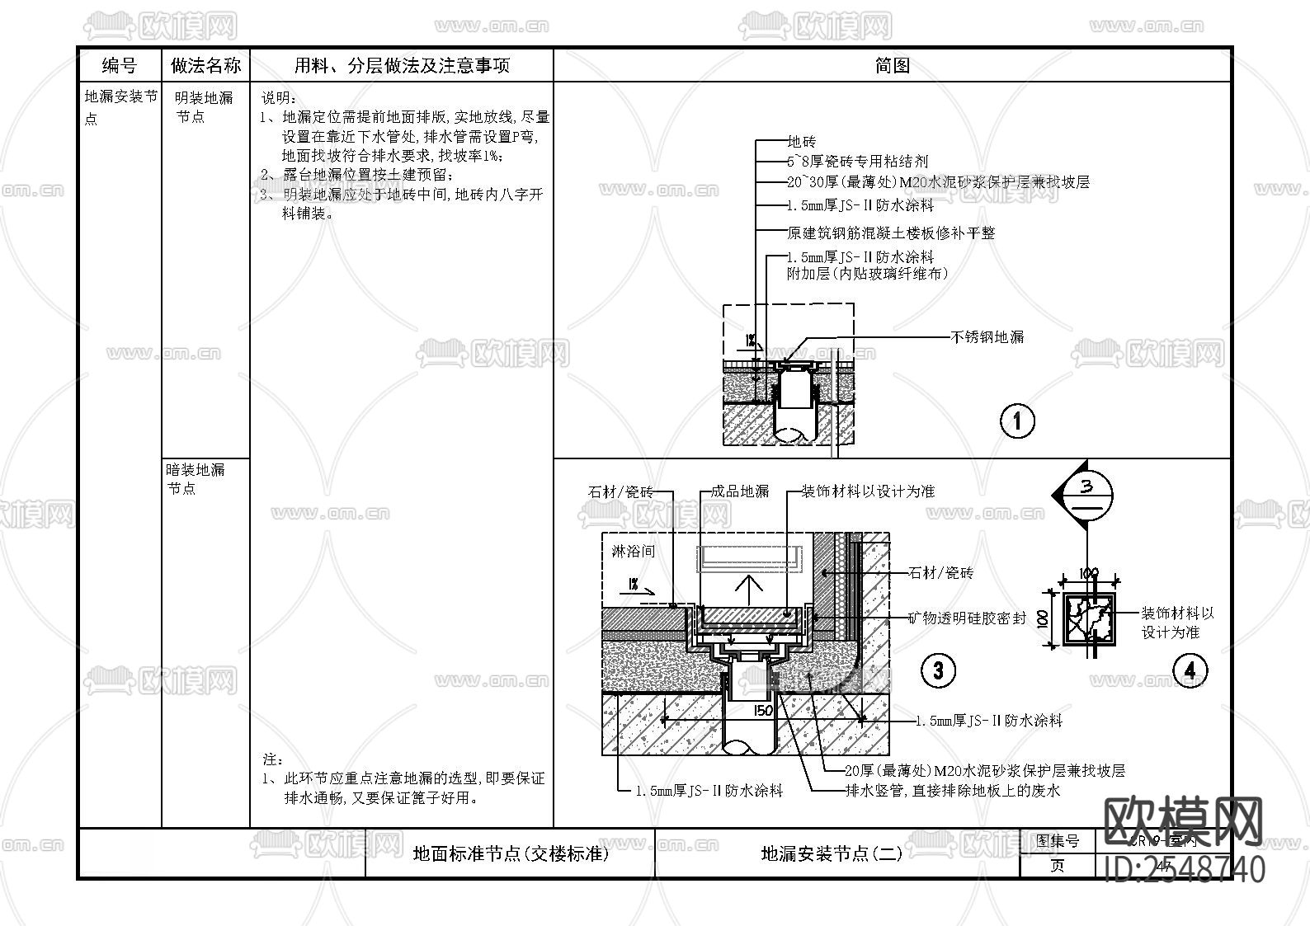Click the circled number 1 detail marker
[1016, 421]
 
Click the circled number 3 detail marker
[938, 670]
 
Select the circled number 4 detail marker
[1190, 670]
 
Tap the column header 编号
[120, 65]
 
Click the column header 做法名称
[205, 65]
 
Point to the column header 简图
[892, 65]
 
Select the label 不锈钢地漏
[987, 336]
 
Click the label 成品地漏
[739, 491]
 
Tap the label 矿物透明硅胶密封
[967, 618]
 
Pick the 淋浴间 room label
[634, 551]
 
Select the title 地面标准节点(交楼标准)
[511, 853]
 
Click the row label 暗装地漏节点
[195, 478]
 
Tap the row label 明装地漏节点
[204, 107]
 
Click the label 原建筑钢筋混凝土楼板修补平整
[891, 233]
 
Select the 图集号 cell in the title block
[1058, 841]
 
